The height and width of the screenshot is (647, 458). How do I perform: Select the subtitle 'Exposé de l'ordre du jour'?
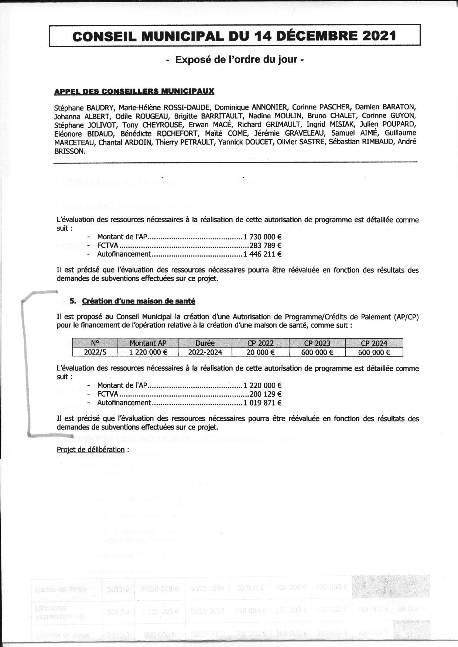coord(235,59)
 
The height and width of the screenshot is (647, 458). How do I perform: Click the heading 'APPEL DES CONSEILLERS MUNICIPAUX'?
coord(134,91)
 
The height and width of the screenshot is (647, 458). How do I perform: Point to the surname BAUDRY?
coord(100,108)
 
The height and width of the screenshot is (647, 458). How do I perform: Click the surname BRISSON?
coord(69,151)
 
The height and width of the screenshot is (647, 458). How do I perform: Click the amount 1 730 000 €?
coord(263,237)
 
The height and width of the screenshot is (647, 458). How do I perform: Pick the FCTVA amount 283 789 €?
coord(266,245)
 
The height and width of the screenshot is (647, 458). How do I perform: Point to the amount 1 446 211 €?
coord(263,254)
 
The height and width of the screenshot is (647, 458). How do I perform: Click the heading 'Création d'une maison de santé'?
coord(139,301)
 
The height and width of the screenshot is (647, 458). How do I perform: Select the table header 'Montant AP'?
coord(148,343)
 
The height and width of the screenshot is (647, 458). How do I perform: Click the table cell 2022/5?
coord(95,352)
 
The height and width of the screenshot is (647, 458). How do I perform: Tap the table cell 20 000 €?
coord(261,352)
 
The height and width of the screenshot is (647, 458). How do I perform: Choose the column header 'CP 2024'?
coord(374,343)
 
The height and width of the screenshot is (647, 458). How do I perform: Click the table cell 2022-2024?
coord(205,352)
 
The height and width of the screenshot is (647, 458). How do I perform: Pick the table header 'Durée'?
coord(205,343)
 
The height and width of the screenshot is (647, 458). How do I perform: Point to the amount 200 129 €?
coord(266,394)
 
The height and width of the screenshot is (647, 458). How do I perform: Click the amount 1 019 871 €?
coord(263,403)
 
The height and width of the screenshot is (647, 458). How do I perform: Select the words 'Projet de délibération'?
coord(90,450)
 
